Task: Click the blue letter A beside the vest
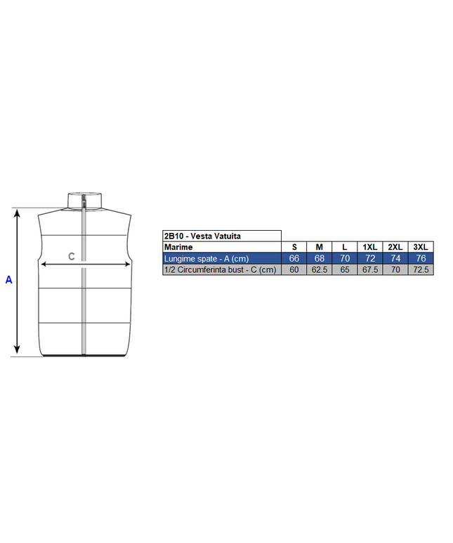point(8,279)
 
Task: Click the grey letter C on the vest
point(72,256)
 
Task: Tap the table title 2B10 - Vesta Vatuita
point(202,236)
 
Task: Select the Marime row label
point(178,247)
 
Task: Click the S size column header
point(294,247)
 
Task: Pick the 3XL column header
point(421,247)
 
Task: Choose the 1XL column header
point(370,247)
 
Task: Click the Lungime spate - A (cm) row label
point(206,259)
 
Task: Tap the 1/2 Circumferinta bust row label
point(221,270)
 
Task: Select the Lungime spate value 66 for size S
point(294,258)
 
